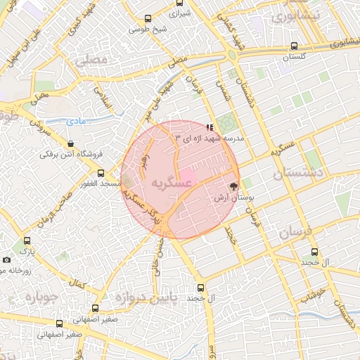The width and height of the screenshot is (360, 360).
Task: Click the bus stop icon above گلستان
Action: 293,46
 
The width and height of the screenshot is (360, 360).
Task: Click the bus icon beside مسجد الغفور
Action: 101,172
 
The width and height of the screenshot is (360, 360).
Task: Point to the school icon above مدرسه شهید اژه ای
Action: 210,127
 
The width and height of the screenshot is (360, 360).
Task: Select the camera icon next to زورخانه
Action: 6,259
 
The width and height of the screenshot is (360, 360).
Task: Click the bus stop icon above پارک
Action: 27,239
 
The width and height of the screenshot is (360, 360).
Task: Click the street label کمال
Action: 77,283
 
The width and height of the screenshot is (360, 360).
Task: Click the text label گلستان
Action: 294,58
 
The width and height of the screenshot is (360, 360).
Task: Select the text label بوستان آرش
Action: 233,200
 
